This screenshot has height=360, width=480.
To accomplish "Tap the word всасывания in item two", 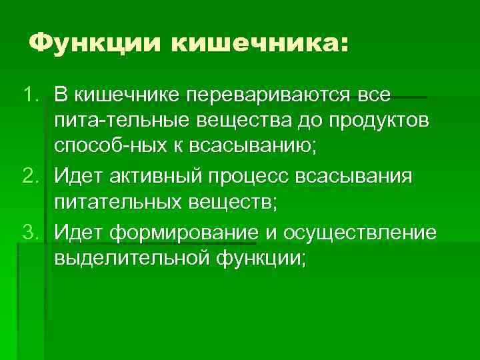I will (x=363, y=177).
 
